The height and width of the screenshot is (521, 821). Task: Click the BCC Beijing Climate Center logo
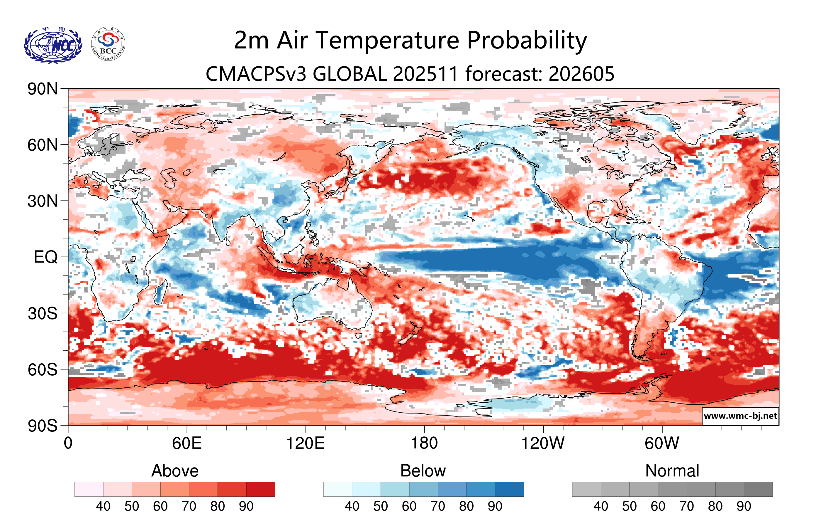coord(108,44)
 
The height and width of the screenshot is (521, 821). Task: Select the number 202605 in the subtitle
coord(581,74)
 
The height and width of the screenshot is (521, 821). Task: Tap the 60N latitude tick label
coord(43,145)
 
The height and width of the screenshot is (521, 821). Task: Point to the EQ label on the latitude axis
coord(45,257)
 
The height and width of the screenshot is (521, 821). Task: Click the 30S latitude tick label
coord(43,313)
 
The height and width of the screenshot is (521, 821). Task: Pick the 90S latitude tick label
coord(43,426)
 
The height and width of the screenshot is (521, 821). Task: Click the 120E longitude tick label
coord(305,443)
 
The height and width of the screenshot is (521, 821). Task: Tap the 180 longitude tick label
coord(424,443)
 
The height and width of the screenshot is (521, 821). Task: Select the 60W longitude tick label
coord(662,443)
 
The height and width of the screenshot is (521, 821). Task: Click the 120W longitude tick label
coord(543,443)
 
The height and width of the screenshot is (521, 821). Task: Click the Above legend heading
coord(175,471)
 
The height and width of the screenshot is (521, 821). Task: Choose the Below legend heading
coord(423,471)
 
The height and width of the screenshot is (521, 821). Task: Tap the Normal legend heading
coord(672,471)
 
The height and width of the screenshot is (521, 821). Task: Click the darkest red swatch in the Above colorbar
coord(260,489)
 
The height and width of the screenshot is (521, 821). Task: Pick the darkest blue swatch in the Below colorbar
coord(509,489)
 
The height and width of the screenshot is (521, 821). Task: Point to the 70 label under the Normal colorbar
coord(686,506)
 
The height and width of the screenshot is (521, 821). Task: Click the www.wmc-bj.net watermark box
coord(740,416)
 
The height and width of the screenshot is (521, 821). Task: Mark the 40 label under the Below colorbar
coord(352,506)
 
